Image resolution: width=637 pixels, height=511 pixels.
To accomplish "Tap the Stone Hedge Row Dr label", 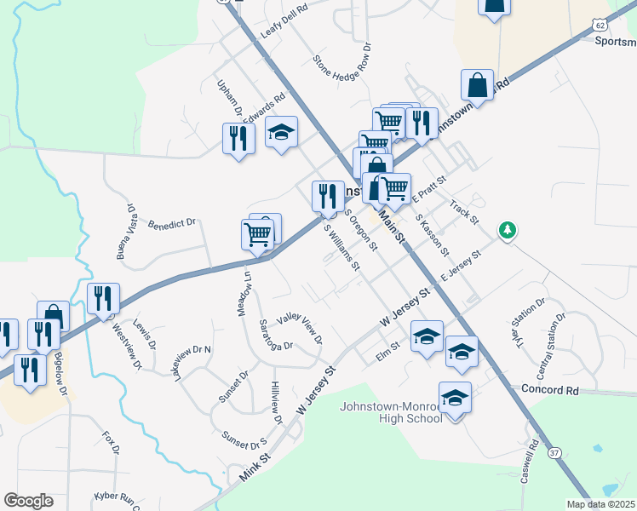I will click(342, 66).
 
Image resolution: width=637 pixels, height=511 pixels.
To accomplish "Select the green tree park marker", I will click(508, 230).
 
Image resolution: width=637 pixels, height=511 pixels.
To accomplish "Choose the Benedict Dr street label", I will click(172, 224).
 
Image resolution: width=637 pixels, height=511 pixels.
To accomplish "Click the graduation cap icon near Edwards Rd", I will click(281, 133).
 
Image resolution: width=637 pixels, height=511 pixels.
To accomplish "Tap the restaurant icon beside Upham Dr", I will click(238, 138).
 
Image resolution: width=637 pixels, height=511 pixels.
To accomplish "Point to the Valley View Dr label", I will click(299, 327).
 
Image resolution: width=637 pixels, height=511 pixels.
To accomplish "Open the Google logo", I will click(28, 501).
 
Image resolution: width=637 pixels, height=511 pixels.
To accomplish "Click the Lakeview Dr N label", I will click(193, 362).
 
